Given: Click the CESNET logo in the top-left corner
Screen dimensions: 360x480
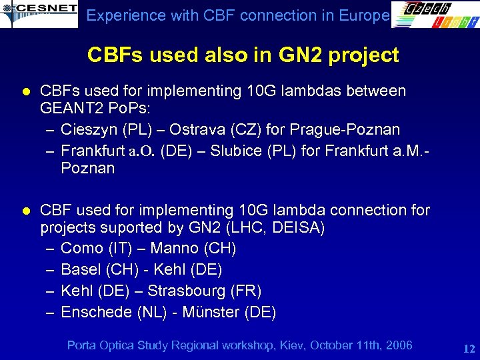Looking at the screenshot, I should (x=38, y=13).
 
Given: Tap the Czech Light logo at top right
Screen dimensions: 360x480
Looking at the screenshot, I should (x=434, y=15).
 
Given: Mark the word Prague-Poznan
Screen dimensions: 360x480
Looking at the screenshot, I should (x=347, y=129).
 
